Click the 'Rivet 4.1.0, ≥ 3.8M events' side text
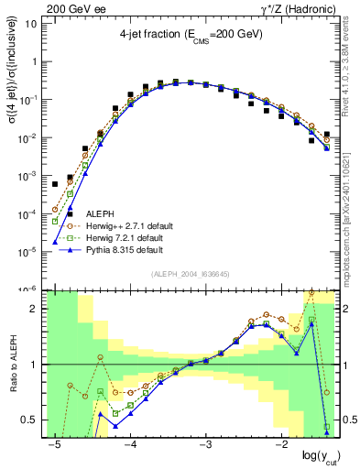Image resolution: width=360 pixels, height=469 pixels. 353,82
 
